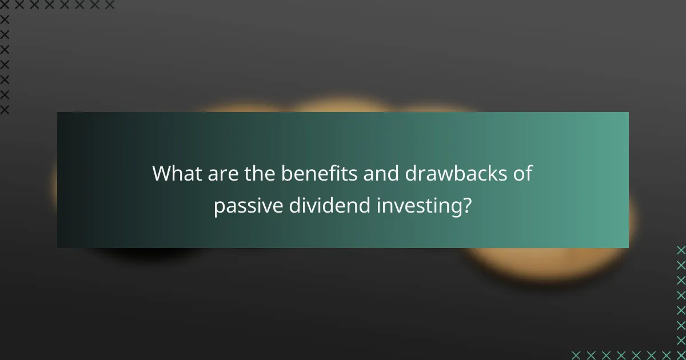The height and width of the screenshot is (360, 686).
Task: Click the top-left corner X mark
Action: click(5, 5)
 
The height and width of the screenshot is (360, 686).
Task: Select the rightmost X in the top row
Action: click(110, 5)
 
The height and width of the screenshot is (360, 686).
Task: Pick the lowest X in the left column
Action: click(5, 110)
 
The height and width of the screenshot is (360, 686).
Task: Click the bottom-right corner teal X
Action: click(681, 355)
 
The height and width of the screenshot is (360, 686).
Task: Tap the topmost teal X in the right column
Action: click(681, 250)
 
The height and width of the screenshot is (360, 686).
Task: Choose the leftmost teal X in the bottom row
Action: click(576, 355)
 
